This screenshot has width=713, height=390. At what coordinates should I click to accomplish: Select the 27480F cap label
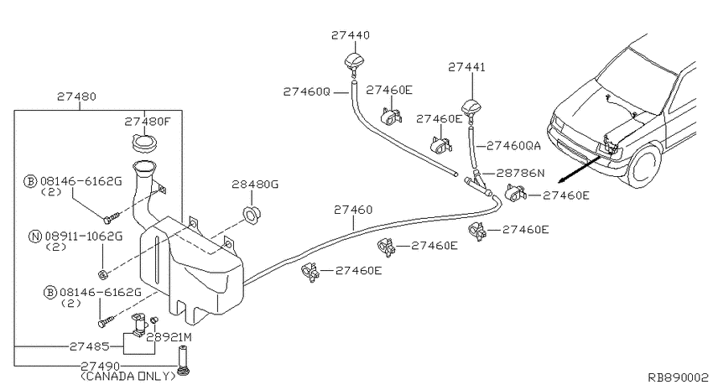pos(148,122)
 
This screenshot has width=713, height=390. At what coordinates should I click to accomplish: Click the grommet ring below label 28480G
pos(250,211)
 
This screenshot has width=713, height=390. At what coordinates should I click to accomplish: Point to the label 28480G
pos(254,183)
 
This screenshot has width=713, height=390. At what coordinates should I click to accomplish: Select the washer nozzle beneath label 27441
pos(471,110)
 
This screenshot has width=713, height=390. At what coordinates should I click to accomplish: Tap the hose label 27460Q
pos(307,91)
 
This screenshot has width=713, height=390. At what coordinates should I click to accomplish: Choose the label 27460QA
pos(514,145)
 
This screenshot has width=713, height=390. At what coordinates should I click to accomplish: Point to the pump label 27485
pos(89,346)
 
